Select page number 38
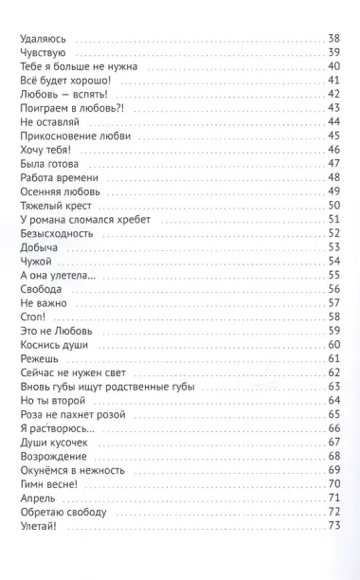coord(333,38)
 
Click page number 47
coord(333,164)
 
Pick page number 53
coord(333,246)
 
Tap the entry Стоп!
coord(33,316)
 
